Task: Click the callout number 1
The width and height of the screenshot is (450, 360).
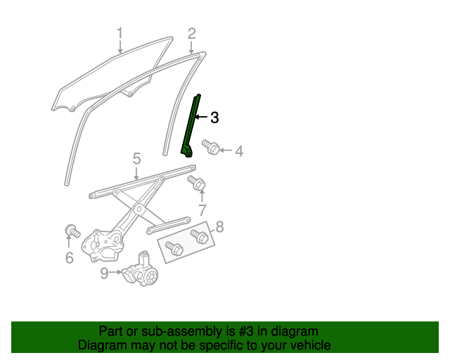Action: point(120,32)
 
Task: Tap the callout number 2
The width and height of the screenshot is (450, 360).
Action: point(191,32)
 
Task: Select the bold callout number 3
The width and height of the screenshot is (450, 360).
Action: point(214,117)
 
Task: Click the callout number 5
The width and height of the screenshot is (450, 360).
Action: point(136,159)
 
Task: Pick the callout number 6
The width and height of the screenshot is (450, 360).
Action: point(69,258)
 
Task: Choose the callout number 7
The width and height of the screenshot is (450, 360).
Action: point(202,210)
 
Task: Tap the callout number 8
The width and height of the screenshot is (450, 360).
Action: point(219,226)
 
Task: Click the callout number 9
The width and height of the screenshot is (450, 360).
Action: point(104,272)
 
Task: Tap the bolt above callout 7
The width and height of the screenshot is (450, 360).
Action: point(197,184)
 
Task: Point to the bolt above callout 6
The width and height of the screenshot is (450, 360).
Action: point(72,231)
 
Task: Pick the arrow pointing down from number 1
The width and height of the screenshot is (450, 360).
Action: point(120,46)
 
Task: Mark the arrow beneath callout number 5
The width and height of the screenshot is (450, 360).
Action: point(136,172)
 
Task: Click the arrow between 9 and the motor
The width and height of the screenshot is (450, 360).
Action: point(116,272)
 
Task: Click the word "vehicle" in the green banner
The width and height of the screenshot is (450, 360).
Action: point(308,345)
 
